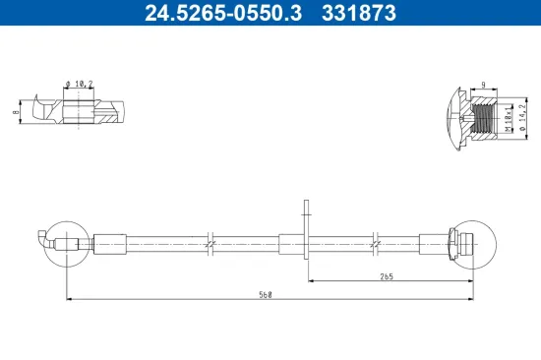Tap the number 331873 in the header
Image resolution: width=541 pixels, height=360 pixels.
[x=362, y=13]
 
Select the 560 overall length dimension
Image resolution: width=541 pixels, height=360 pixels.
[x=265, y=294]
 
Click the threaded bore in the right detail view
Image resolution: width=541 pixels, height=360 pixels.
[x=486, y=119]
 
